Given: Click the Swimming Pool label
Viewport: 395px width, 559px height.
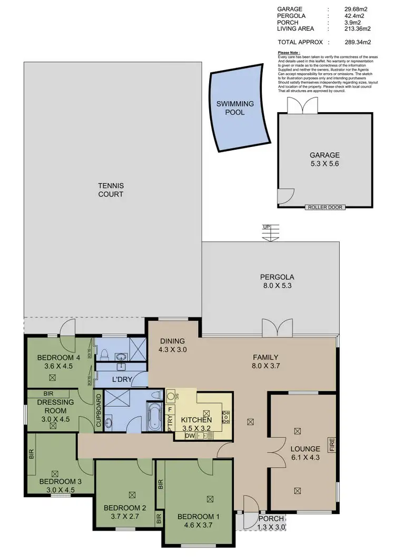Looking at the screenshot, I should coord(235,108).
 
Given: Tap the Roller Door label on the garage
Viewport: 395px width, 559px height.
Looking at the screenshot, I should coord(325,207).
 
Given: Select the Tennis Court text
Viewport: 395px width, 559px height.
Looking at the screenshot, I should coord(111,190).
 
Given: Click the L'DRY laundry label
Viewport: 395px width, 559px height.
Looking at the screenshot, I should coord(122,379).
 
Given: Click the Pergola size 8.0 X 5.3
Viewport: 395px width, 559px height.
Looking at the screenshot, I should coord(276,286).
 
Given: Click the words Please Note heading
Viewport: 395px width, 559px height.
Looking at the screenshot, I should coord(291,53).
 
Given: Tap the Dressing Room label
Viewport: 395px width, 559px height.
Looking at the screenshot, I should coord(52,406).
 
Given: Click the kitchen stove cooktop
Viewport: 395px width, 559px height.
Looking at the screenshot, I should coord(226,417).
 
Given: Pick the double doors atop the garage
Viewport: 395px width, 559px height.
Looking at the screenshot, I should coord(296,106).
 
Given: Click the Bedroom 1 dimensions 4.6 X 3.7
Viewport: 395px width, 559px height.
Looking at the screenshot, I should coord(196,525).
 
